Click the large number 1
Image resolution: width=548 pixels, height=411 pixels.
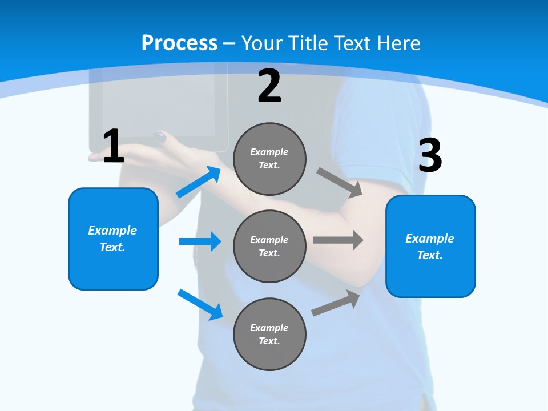[x=114, y=147]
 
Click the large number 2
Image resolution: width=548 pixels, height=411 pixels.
[x=269, y=86]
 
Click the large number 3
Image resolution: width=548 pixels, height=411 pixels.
[x=430, y=156]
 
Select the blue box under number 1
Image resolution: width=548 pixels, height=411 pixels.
[x=113, y=239]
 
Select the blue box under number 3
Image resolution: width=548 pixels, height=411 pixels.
[x=430, y=246]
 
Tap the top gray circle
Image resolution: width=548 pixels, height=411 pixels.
[x=269, y=159]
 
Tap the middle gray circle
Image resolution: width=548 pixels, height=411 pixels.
[x=269, y=246]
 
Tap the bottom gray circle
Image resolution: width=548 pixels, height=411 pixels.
[x=269, y=334]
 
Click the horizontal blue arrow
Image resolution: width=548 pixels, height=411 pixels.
[x=200, y=241]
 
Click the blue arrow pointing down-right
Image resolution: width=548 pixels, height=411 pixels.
[x=200, y=304]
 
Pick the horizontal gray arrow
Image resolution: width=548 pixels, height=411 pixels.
[x=338, y=240]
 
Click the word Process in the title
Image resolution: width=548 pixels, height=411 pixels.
[x=179, y=43]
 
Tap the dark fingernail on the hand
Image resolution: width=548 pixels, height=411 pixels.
[x=160, y=136]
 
